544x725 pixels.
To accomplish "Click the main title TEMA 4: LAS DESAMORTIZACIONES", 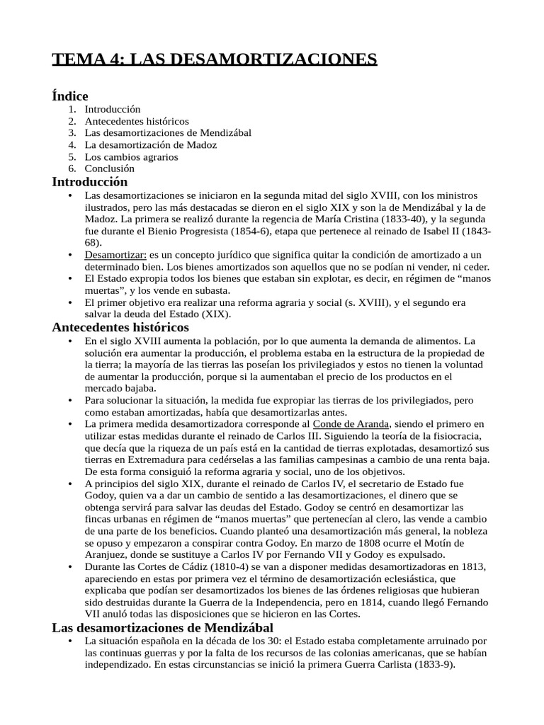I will [x=215, y=59].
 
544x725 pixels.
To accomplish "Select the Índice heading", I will [x=70, y=96].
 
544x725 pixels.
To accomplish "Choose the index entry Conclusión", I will [x=109, y=169].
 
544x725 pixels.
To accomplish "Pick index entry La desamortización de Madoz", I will [x=150, y=144].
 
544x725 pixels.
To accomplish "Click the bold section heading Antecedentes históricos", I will [x=120, y=327].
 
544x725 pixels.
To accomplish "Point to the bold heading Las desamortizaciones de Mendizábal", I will [x=162, y=628].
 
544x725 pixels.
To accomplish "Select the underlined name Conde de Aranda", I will [x=351, y=423].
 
